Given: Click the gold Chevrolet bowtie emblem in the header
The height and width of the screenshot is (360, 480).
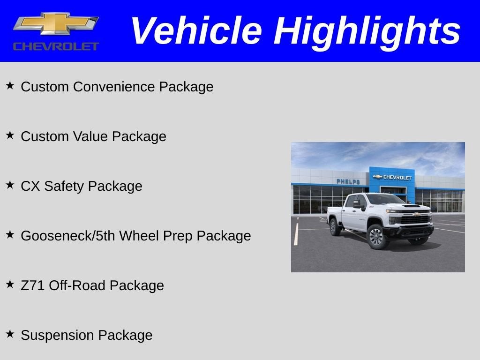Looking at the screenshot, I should point(55,24).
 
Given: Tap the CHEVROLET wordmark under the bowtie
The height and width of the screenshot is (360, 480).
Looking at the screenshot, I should point(56,46).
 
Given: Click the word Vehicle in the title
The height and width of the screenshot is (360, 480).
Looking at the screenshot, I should point(195,31).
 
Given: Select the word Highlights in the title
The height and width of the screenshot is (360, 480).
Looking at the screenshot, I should point(367,31).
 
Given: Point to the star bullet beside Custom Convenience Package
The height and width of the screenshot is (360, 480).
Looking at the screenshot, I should point(10,86).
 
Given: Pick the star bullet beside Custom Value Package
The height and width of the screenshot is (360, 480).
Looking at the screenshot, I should point(10,135).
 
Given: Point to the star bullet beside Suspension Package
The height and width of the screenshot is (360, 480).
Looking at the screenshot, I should point(10,334).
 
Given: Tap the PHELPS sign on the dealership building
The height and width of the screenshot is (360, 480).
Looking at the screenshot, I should point(348,181).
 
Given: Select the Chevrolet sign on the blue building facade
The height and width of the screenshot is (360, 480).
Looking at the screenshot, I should point(392,177).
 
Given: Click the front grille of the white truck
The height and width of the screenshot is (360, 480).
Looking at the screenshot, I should point(415,220).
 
